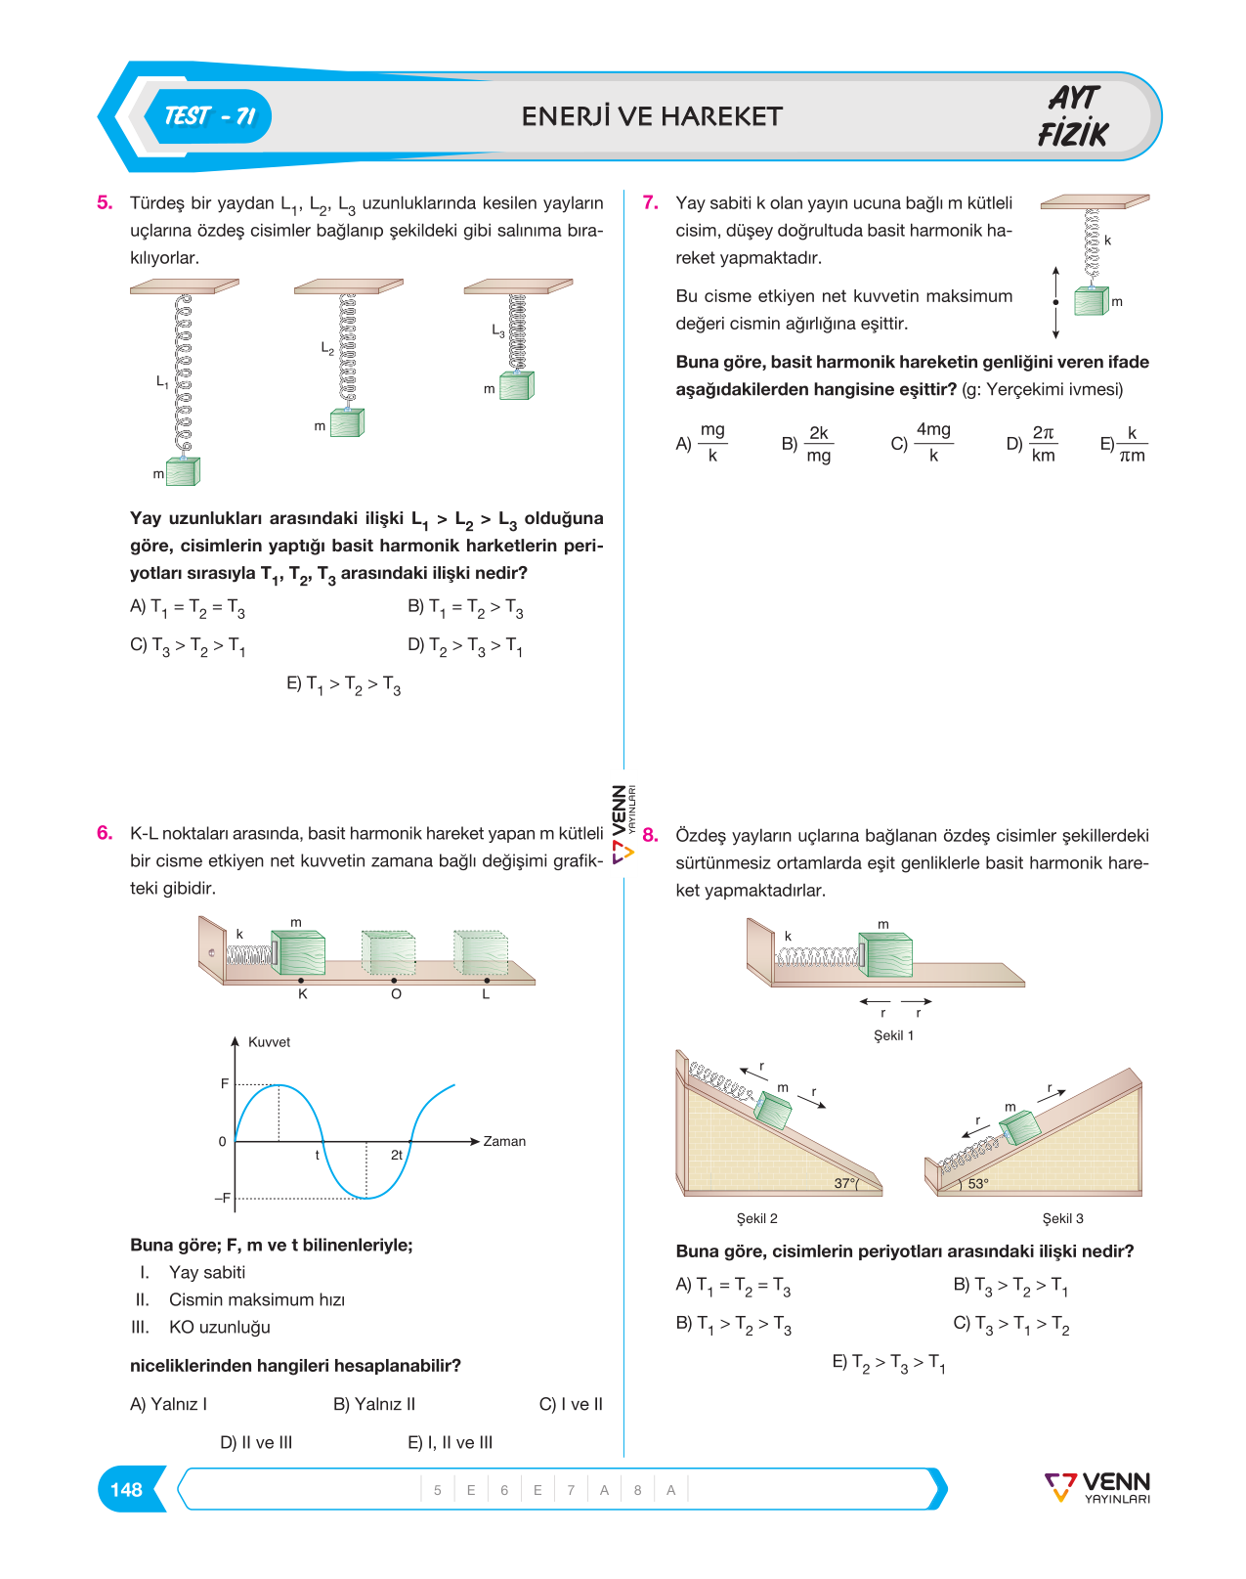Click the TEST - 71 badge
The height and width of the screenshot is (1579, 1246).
click(209, 116)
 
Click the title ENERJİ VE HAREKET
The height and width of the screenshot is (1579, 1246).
click(652, 116)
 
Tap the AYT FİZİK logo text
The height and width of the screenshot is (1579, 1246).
click(1073, 116)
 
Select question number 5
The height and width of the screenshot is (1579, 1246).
click(105, 202)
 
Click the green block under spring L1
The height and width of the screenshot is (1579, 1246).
click(184, 471)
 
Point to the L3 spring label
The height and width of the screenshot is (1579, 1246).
click(498, 330)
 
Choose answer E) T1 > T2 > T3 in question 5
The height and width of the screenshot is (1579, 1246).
click(343, 684)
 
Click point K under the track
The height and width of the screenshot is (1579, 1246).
click(302, 994)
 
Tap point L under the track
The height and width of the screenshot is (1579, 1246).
click(486, 994)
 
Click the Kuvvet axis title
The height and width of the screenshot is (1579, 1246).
click(269, 1042)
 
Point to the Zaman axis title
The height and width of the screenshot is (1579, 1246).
click(504, 1141)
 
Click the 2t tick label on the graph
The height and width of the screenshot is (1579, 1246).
click(397, 1155)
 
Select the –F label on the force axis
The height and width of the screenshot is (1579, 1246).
click(222, 1199)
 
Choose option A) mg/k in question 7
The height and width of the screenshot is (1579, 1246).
click(702, 443)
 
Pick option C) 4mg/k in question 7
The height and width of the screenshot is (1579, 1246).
click(922, 443)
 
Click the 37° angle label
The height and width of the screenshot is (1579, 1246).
click(845, 1183)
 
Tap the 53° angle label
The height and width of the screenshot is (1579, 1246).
click(978, 1183)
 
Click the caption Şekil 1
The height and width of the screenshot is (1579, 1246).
click(893, 1035)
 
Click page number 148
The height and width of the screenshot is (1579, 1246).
click(126, 1489)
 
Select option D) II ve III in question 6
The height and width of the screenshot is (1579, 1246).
click(256, 1442)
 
